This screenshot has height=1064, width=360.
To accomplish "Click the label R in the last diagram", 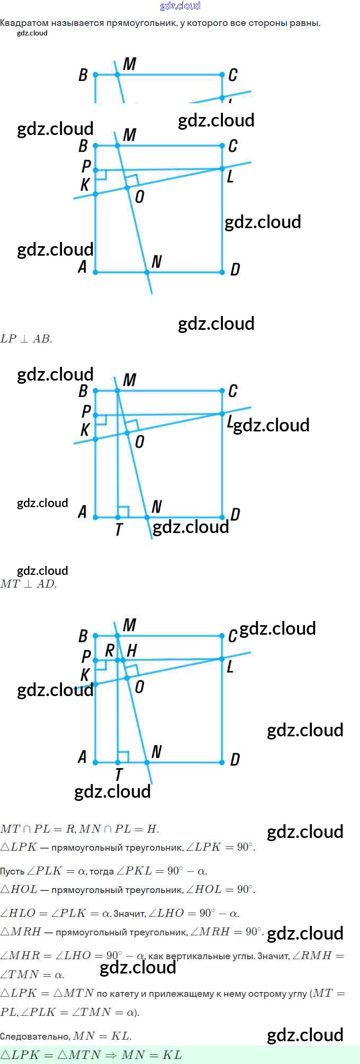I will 110,650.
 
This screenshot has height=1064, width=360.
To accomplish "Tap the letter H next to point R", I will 132,650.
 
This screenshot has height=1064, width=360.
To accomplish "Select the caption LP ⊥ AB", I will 26,339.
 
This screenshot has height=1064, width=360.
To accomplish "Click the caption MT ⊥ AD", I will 28,584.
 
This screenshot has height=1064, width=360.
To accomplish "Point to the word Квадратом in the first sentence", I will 24,23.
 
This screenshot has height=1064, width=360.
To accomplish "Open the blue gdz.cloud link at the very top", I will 180,6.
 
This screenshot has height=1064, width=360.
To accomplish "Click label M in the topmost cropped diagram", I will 130,64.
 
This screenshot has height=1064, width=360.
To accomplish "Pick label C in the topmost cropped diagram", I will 232,75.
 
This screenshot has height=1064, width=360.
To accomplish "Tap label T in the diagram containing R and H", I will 119,774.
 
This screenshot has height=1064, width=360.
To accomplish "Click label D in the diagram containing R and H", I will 235,760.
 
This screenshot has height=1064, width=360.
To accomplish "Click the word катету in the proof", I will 128,994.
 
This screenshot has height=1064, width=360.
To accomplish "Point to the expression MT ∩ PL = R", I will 38,829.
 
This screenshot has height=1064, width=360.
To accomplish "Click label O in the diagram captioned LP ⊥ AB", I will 139,197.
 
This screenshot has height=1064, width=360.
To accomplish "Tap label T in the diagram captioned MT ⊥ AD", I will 119,529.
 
